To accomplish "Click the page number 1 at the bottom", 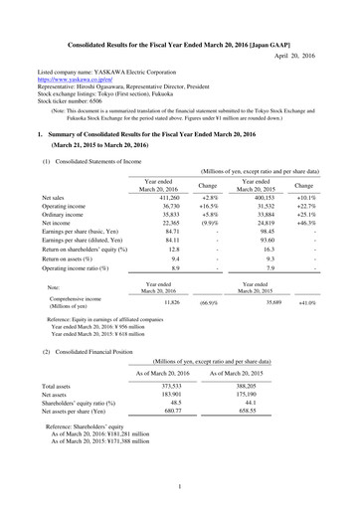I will coord(179,488).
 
